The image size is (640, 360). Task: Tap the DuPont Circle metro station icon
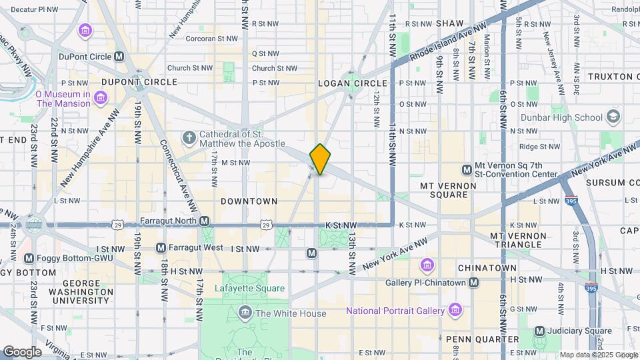click(119, 57)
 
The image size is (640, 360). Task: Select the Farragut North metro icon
click(204, 221)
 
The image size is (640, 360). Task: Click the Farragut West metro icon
click(160, 248)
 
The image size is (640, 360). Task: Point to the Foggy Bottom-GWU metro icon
click(29, 258)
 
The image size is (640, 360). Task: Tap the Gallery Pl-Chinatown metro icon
click(473, 283)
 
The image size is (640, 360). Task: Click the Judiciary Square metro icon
click(540, 331)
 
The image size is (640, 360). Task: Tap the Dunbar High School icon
click(613, 117)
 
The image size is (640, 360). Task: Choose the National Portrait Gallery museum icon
click(455, 310)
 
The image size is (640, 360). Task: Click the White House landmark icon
click(245, 313)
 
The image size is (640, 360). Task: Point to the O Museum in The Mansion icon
click(100, 99)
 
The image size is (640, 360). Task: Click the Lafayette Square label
click(249, 289)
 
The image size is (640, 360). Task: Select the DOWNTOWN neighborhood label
click(249, 201)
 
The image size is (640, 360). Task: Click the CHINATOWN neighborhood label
click(487, 267)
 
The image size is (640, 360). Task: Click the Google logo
click(23, 351)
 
